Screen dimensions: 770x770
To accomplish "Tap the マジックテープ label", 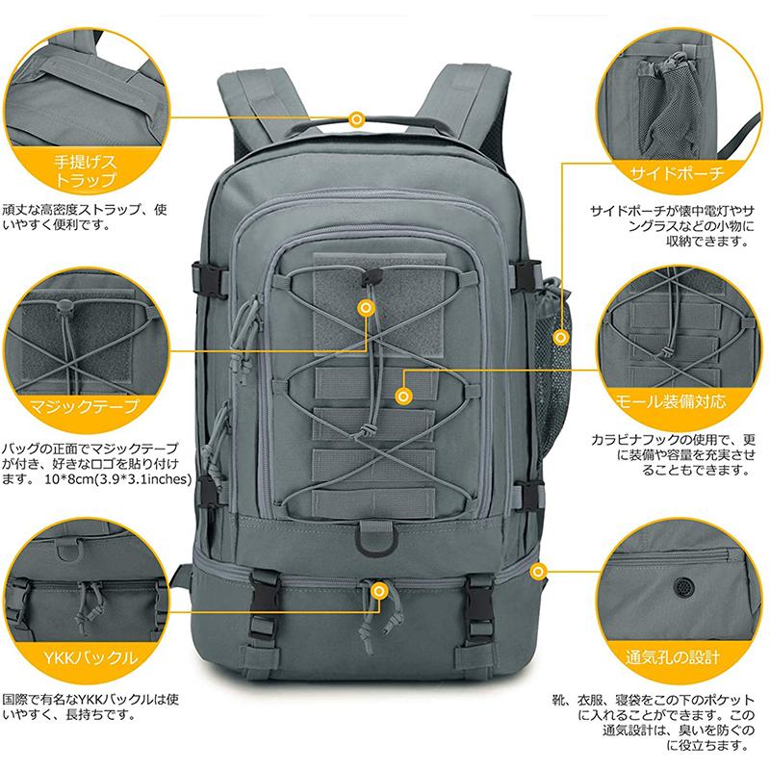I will pyautogui.click(x=85, y=406).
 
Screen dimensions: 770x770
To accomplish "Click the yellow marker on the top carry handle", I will pyautogui.click(x=357, y=118).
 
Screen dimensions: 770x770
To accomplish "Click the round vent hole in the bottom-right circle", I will pyautogui.click(x=685, y=585).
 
